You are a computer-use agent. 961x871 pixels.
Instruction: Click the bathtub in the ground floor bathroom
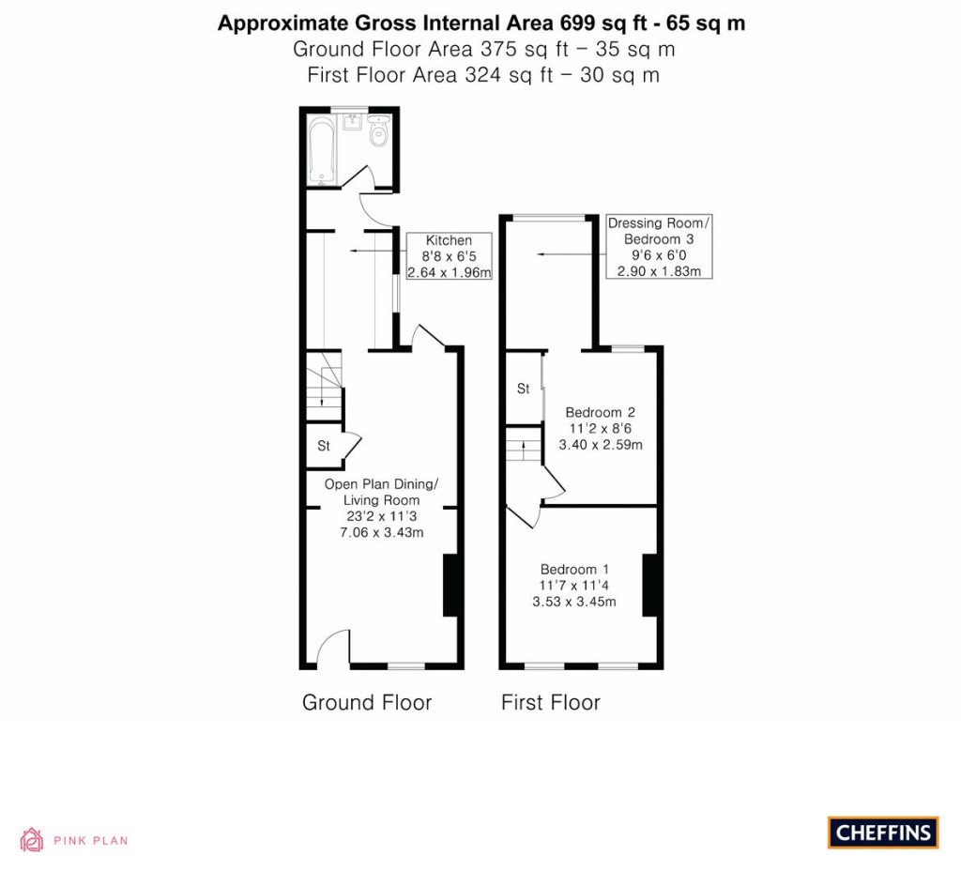point(320,150)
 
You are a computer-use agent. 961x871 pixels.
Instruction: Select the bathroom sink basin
point(354,122)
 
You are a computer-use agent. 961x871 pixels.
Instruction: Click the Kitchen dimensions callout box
point(449,256)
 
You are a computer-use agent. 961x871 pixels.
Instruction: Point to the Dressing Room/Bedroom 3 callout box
point(660,247)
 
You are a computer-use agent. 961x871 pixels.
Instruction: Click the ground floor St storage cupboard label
point(323,446)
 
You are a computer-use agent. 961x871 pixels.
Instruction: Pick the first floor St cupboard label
point(524,388)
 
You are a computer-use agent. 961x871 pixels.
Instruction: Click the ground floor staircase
point(324,385)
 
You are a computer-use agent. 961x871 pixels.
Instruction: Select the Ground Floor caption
point(366,702)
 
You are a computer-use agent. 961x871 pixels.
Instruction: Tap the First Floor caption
point(550,702)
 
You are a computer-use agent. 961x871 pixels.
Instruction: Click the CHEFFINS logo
point(882,832)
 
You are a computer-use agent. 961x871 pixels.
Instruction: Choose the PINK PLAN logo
point(74,840)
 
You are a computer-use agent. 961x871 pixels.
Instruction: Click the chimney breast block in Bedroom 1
point(648,586)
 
